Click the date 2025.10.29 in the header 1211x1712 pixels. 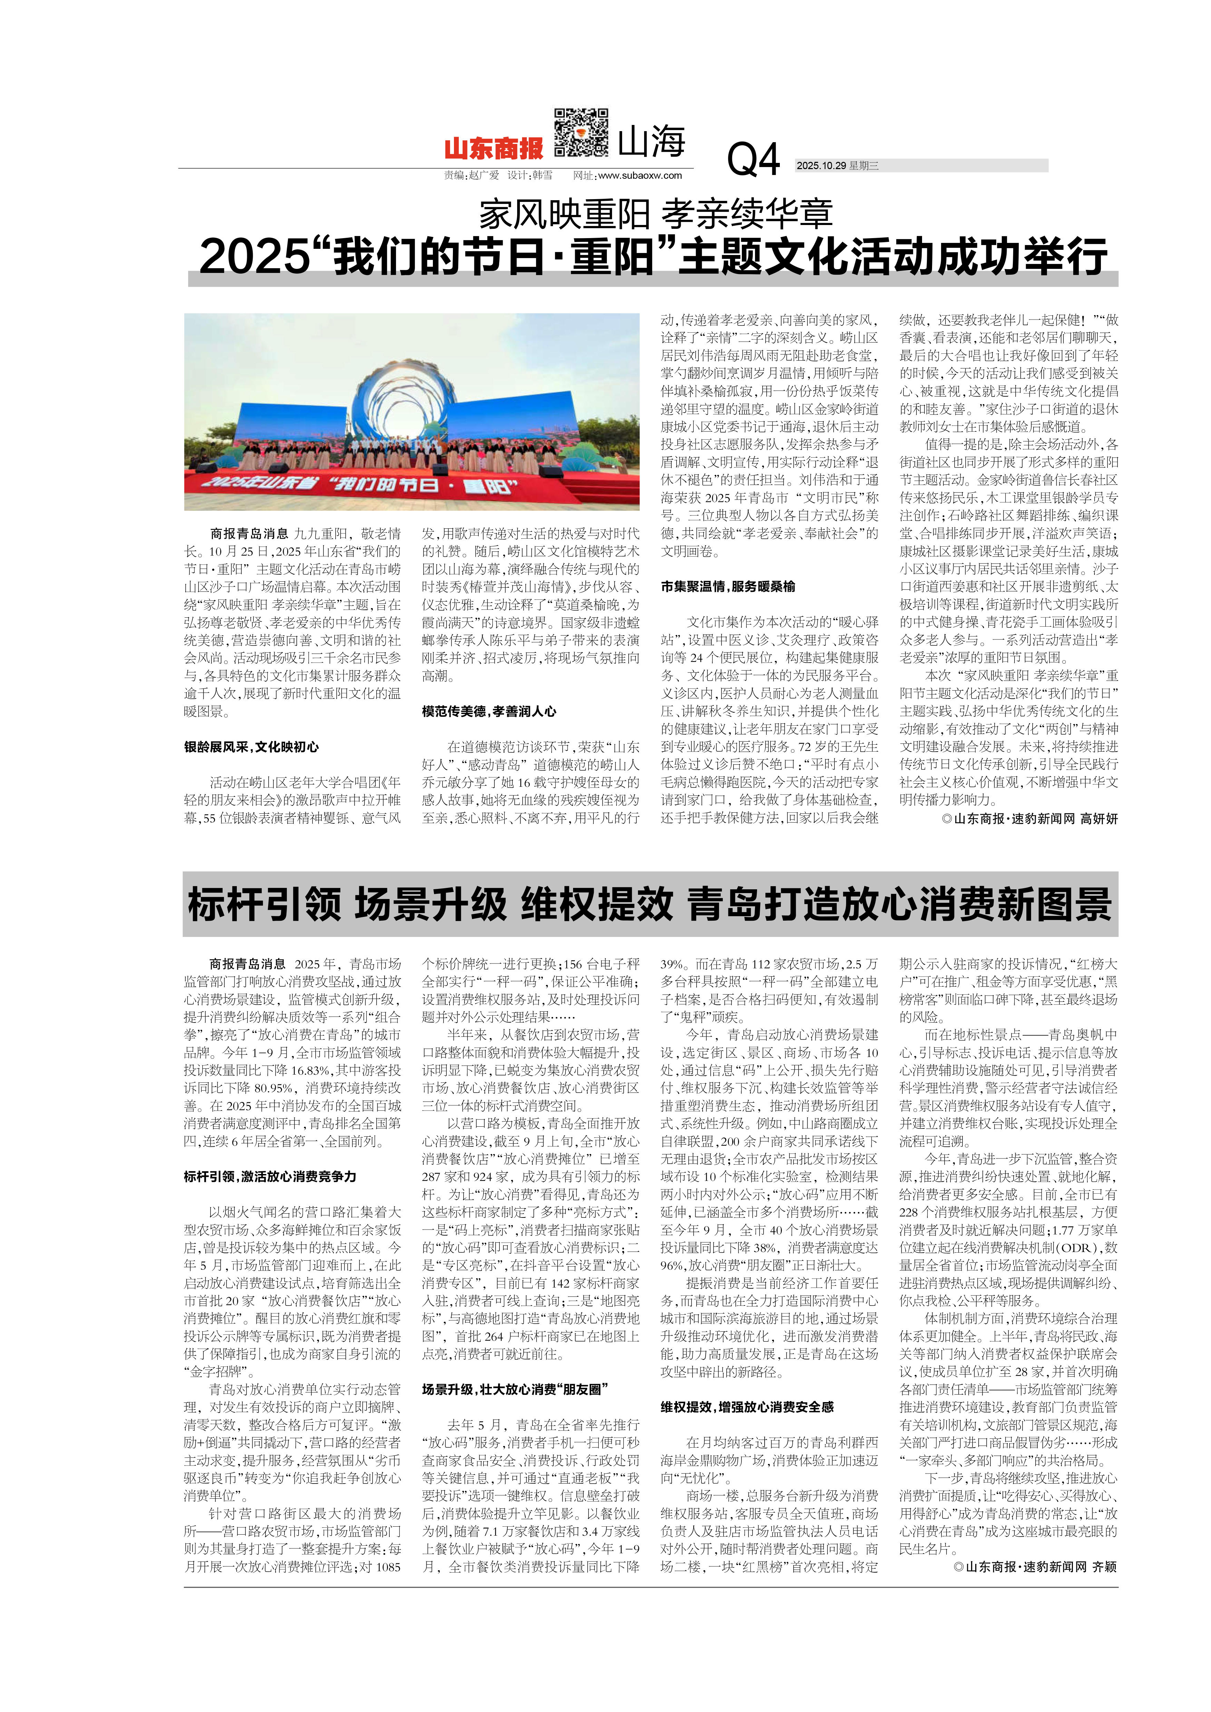click(820, 166)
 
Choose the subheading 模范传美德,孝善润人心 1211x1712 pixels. click(488, 711)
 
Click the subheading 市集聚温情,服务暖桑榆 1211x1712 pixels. click(727, 587)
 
